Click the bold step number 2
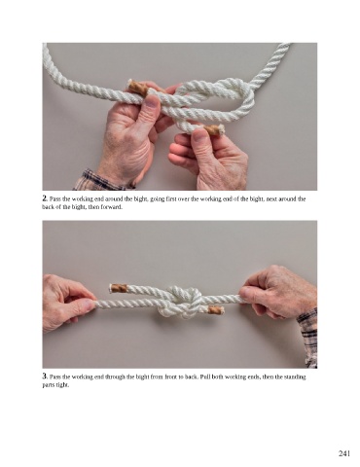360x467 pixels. [45, 198]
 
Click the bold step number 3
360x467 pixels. [45, 377]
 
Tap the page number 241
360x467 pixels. [344, 453]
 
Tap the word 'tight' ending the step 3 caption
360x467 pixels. [63, 385]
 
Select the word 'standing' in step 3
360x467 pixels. [295, 377]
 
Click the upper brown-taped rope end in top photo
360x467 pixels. [137, 88]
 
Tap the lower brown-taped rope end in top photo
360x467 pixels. [213, 130]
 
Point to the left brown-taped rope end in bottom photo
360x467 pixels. [119, 288]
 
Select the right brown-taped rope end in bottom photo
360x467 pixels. [215, 309]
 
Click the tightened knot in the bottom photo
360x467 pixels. [180, 302]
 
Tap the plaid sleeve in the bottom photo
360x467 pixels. [308, 338]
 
